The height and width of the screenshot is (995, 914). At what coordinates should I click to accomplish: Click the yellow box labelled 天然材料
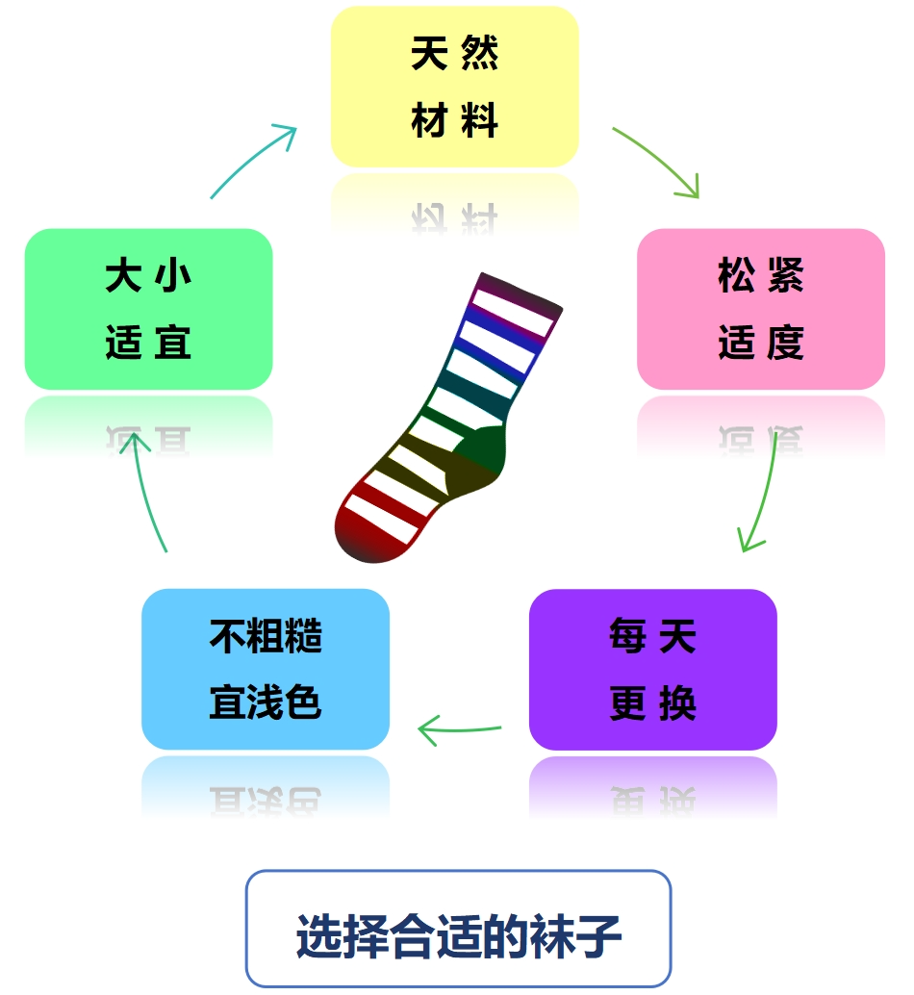[x=454, y=87]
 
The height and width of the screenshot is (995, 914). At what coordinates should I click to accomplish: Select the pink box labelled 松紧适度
[x=760, y=309]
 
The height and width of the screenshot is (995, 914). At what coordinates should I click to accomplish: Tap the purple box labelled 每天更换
[x=652, y=669]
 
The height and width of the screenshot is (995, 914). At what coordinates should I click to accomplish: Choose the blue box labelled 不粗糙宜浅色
[x=265, y=669]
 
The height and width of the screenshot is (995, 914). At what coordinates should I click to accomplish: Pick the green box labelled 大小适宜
[x=148, y=309]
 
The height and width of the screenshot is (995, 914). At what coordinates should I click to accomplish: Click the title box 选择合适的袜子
[x=458, y=929]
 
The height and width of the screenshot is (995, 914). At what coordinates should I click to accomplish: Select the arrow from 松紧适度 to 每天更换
[x=763, y=496]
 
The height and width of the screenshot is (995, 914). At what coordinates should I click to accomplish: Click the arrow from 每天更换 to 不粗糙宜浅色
[x=459, y=728]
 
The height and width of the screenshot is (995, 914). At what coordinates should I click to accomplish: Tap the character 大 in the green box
[x=122, y=276]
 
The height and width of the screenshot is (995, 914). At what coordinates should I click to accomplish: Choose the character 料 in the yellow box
[x=481, y=122]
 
